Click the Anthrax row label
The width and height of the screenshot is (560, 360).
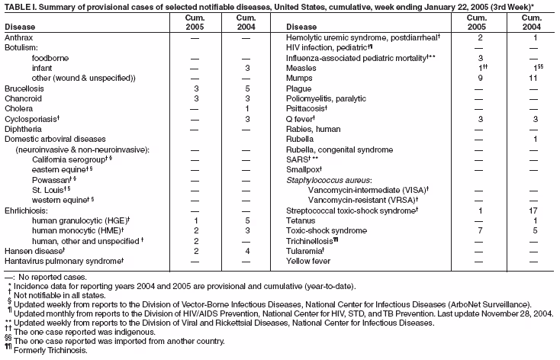[18, 37]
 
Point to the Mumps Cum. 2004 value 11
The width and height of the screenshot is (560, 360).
[533, 79]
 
